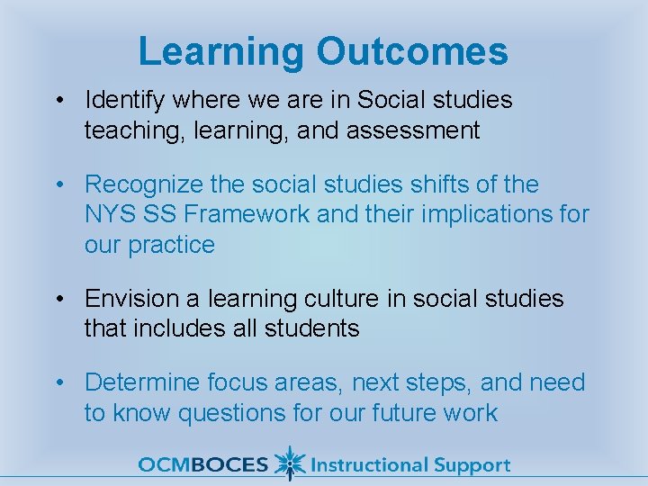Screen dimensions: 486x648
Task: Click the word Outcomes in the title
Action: point(411,51)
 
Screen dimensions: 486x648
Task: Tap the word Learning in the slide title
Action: point(221,51)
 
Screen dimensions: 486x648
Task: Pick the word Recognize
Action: point(143,184)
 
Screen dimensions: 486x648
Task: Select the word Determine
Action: point(143,382)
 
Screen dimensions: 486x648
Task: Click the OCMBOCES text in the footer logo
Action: point(202,465)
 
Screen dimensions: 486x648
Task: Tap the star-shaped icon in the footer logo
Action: point(288,463)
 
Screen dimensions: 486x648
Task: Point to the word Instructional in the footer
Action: point(368,465)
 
